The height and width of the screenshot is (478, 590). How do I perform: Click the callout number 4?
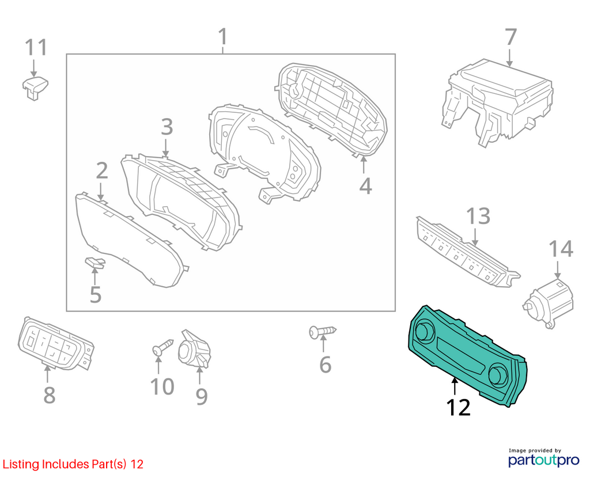click(365, 185)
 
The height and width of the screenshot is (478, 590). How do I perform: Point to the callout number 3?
click(167, 127)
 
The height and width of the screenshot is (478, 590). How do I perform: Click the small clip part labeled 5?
click(95, 263)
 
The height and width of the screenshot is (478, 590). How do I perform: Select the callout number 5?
click(96, 294)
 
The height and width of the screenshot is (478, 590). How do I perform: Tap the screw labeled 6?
click(323, 332)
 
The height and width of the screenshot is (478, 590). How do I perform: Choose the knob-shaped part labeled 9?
click(194, 348)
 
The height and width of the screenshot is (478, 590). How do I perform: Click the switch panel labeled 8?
click(56, 343)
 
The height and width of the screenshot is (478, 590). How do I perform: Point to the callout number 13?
click(478, 216)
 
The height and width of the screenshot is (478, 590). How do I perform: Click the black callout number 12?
click(458, 407)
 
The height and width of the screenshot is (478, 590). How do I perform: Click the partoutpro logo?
click(543, 458)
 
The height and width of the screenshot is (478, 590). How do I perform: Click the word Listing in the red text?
click(21, 464)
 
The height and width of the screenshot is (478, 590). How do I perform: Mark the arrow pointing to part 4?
click(364, 165)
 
